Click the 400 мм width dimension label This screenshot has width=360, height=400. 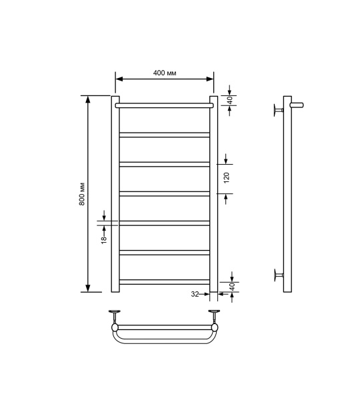point(164,72)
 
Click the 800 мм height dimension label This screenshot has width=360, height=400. point(82,193)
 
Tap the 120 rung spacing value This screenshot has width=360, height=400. point(226,178)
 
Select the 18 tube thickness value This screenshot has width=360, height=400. point(104,239)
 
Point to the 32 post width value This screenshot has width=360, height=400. point(194,293)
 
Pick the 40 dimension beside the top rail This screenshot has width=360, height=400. point(230,100)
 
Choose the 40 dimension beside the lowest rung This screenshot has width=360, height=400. point(230,285)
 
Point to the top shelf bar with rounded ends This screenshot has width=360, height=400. point(164,105)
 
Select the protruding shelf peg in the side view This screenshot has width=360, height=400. point(297,104)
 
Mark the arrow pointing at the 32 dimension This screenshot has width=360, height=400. point(206,293)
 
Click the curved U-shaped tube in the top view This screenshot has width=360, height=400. point(164,341)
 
